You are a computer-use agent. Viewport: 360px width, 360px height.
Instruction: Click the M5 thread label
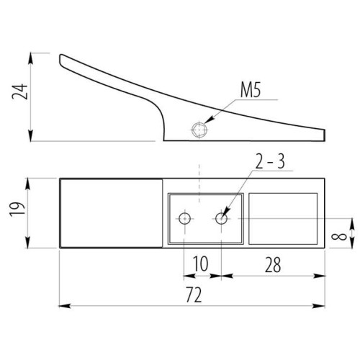click(x=251, y=90)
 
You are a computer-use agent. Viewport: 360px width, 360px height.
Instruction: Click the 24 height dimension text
click(x=20, y=91)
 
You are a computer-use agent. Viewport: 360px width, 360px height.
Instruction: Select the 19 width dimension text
click(x=18, y=209)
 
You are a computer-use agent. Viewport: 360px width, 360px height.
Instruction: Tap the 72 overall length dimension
click(x=194, y=294)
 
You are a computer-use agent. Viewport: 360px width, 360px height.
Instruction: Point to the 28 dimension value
click(x=273, y=265)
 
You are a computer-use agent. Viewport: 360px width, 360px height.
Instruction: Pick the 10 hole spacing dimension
click(x=200, y=264)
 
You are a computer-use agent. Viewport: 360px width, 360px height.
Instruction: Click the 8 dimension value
click(x=339, y=237)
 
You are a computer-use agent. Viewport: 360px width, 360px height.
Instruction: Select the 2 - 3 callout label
click(x=270, y=161)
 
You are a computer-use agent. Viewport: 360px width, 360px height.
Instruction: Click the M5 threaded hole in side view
click(x=199, y=130)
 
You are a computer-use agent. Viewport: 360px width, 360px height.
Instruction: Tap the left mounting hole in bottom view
click(x=185, y=219)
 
